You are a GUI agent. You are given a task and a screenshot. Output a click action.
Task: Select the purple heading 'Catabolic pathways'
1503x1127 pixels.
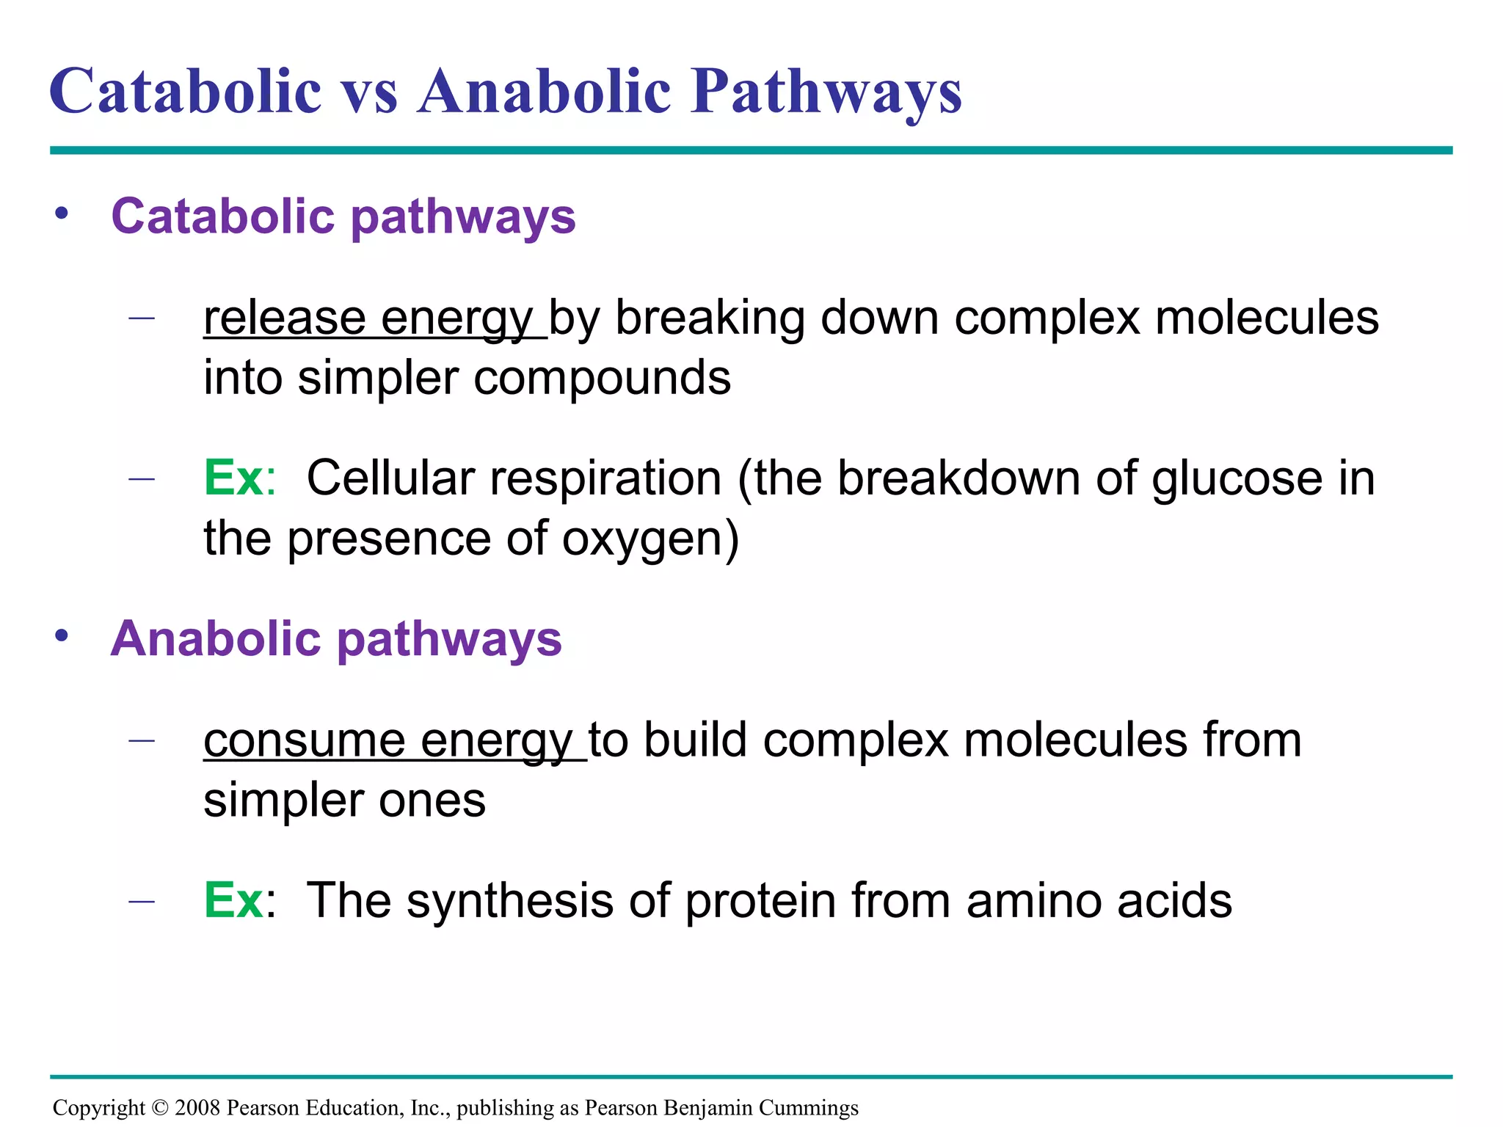pos(343,217)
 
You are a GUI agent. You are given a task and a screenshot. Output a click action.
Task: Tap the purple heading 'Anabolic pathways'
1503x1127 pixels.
pos(336,639)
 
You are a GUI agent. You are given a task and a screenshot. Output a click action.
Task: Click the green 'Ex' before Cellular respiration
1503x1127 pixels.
pos(233,478)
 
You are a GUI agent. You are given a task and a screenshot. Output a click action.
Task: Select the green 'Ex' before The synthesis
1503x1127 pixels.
pos(233,900)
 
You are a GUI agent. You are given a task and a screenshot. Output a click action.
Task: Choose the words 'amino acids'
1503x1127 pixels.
pos(1099,900)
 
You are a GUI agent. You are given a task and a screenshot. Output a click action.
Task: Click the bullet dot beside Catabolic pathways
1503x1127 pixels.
pos(62,214)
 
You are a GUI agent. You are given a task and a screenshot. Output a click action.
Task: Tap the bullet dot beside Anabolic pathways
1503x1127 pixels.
pos(62,635)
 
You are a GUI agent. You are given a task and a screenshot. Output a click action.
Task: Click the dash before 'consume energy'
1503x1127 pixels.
pos(141,740)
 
